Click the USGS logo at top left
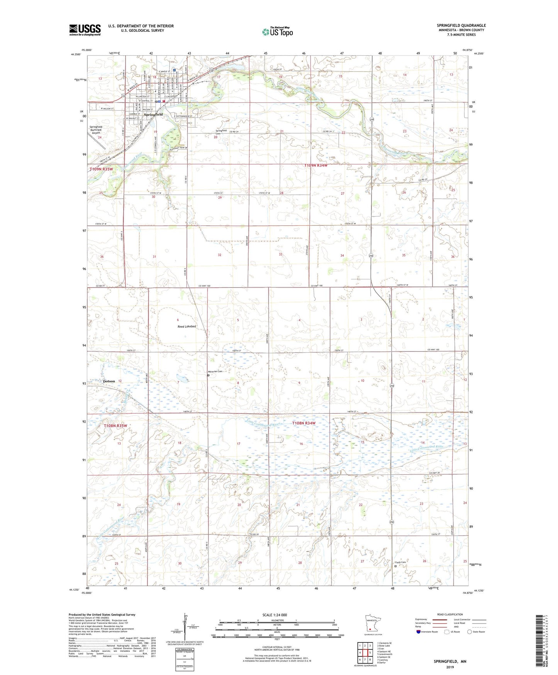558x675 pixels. click(x=85, y=30)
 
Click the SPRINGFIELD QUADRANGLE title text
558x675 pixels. click(x=461, y=26)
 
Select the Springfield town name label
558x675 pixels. click(x=153, y=115)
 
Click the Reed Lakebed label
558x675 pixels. click(x=187, y=326)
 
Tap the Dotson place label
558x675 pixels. click(x=109, y=381)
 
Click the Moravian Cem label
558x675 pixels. click(x=215, y=372)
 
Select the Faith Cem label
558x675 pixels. click(x=400, y=562)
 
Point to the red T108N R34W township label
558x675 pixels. click(x=304, y=423)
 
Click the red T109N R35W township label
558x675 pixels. click(x=101, y=169)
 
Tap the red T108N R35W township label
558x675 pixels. click(x=115, y=426)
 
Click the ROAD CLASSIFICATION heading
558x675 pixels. click(x=450, y=614)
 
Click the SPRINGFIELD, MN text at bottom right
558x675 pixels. click(x=450, y=661)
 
